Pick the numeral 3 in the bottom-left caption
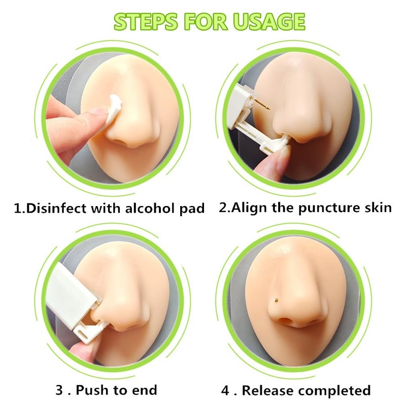click(x=59, y=390)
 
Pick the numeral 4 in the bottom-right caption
click(x=225, y=390)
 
